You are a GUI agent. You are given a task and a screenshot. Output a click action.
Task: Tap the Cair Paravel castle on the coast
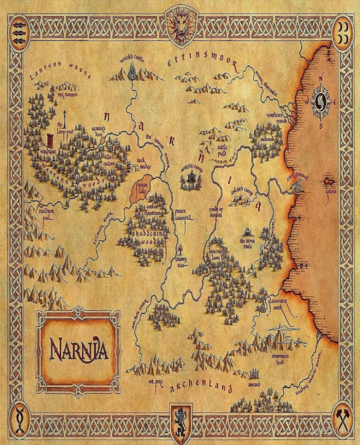[297, 187]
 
